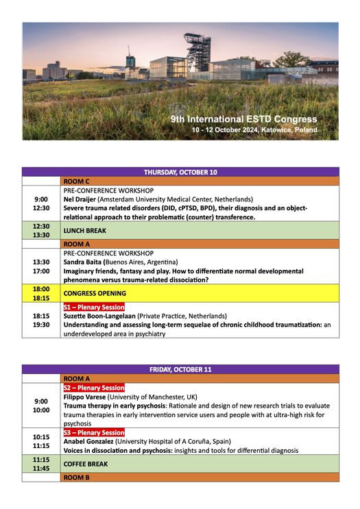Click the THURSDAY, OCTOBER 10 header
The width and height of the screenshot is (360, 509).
pyautogui.click(x=180, y=172)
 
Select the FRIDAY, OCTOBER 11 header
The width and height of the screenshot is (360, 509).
pyautogui.click(x=180, y=369)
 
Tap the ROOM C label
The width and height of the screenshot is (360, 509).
pyautogui.click(x=77, y=181)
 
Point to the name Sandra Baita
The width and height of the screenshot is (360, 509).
pyautogui.click(x=86, y=262)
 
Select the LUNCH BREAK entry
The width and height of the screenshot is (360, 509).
pyautogui.click(x=88, y=231)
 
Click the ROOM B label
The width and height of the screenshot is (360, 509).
pyautogui.click(x=77, y=477)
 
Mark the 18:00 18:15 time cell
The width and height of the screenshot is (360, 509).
pyautogui.click(x=41, y=293)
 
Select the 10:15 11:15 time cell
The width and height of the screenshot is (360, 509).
pyautogui.click(x=41, y=440)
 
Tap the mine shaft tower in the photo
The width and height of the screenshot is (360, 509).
pyautogui.click(x=199, y=51)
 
